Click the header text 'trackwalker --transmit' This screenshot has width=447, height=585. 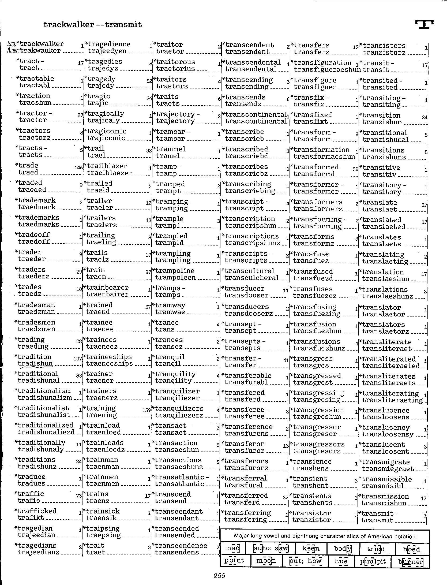coord(93,25)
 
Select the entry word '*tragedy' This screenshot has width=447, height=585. coord(100,79)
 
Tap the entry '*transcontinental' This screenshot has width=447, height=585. coord(254,115)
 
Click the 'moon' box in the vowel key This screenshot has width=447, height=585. coord(266,560)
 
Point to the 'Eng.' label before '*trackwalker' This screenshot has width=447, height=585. coord(12,44)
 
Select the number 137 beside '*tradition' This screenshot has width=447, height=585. coord(77,359)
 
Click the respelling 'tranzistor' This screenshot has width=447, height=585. coord(312,520)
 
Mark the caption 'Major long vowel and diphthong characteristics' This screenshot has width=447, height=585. coord(325,536)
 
